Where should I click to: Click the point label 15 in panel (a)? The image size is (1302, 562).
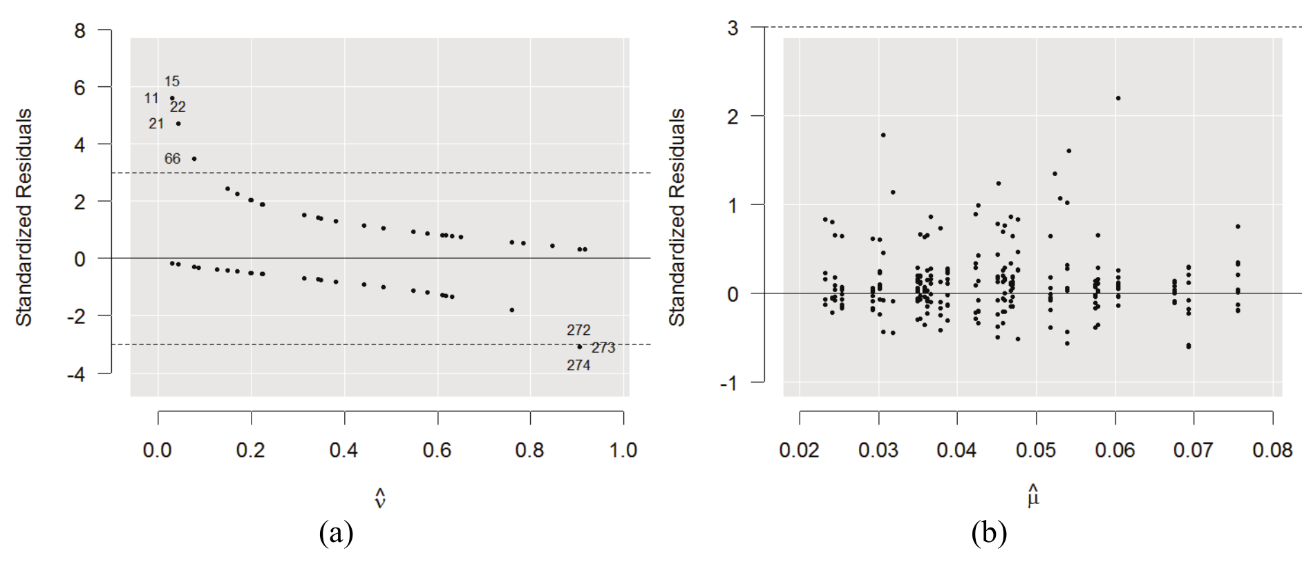(x=172, y=81)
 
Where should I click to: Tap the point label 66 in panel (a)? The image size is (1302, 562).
(x=172, y=159)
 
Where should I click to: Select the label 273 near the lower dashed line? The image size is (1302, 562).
(x=603, y=348)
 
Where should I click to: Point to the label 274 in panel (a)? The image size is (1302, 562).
(x=578, y=365)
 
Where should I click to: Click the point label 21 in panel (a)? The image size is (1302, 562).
(x=156, y=124)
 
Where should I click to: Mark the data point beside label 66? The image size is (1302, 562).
(x=194, y=159)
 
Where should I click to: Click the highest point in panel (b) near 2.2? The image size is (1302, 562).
(x=1118, y=98)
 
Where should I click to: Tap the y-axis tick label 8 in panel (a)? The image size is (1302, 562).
(x=80, y=30)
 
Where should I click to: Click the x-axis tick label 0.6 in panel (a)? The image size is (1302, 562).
(x=437, y=450)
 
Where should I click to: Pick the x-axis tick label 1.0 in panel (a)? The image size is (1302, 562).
(x=623, y=450)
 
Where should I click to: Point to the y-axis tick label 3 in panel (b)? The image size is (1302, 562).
(x=733, y=28)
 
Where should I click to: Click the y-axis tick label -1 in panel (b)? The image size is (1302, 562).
(x=728, y=383)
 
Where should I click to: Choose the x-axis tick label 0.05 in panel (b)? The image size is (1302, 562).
(x=1035, y=450)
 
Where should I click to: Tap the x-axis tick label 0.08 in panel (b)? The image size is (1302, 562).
(x=1272, y=450)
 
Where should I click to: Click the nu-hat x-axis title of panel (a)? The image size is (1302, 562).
(x=379, y=498)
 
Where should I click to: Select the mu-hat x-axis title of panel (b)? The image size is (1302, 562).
(x=1033, y=496)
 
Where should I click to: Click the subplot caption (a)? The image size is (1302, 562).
(x=337, y=534)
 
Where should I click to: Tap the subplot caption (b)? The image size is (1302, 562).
(x=989, y=534)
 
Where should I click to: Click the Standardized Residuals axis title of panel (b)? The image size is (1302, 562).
(x=677, y=217)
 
